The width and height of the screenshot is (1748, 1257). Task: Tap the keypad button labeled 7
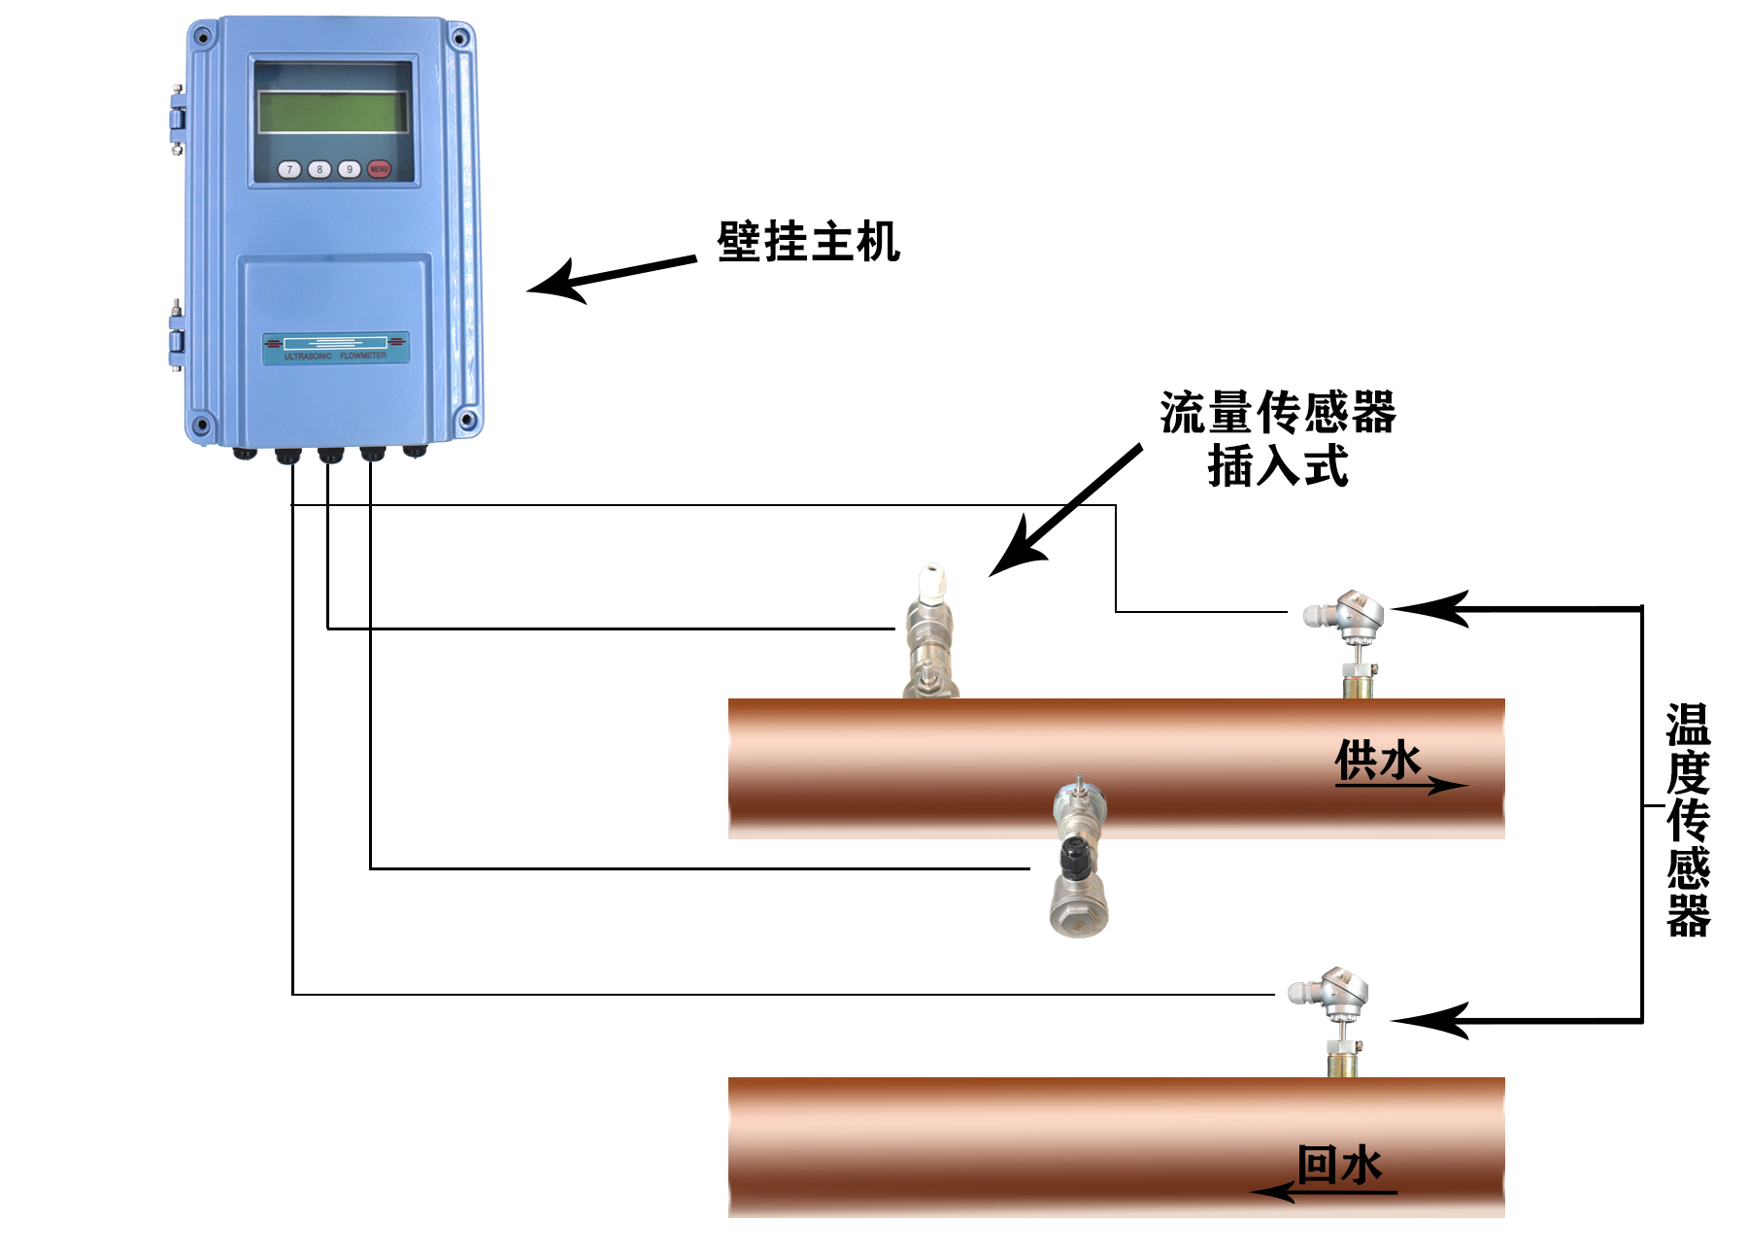pos(289,169)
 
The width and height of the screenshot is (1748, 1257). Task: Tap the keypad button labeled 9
pos(349,169)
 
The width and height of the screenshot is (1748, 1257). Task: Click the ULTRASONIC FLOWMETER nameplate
pos(336,348)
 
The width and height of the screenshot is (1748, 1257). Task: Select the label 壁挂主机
pos(808,242)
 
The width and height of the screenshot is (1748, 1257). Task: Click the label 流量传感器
pos(1278,413)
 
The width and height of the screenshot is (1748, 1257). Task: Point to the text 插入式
pos(1278,466)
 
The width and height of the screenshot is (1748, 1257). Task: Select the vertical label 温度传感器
pos(1688,820)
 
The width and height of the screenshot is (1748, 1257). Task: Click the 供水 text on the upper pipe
pos(1377,759)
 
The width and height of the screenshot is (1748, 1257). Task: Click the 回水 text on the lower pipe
pos(1339,1164)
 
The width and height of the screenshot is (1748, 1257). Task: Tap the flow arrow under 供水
pos(1403,785)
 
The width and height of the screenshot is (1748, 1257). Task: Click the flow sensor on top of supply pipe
pos(929,631)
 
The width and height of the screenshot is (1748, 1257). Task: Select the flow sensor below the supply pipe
pos(1078,860)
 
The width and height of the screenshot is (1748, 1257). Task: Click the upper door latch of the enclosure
pos(177,119)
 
